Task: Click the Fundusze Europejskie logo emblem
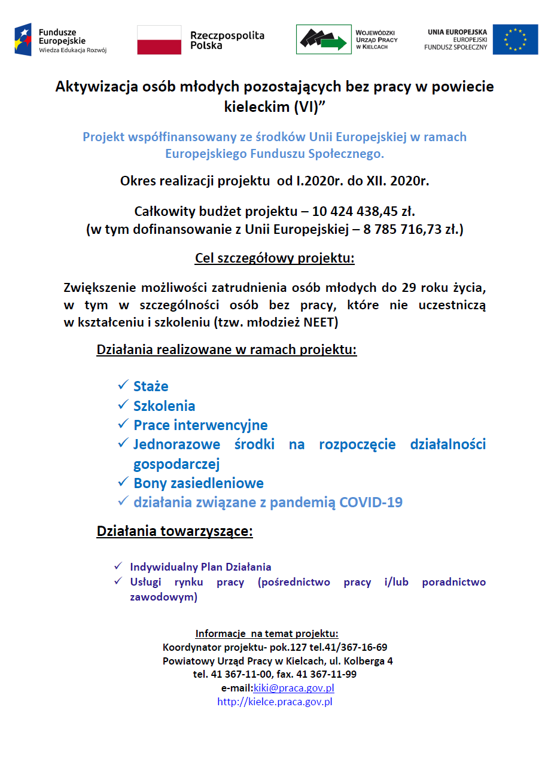pos(23,39)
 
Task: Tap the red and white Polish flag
pos(159,40)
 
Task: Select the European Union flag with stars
pos(515,40)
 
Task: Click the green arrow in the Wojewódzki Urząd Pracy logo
pos(334,43)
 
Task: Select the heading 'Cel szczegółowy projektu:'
pos(275,258)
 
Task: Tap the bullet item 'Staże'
pos(151,386)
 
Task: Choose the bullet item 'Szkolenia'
pos(164,406)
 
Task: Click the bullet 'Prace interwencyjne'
pos(200,425)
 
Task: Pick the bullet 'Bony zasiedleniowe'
pos(198,483)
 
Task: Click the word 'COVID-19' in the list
pos(371,502)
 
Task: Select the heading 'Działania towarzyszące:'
pos(175,531)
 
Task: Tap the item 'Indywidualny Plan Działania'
pos(200,566)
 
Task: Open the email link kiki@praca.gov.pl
pos(293,688)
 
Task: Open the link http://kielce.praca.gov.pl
pos(275,702)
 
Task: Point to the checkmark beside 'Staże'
pos(123,385)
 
